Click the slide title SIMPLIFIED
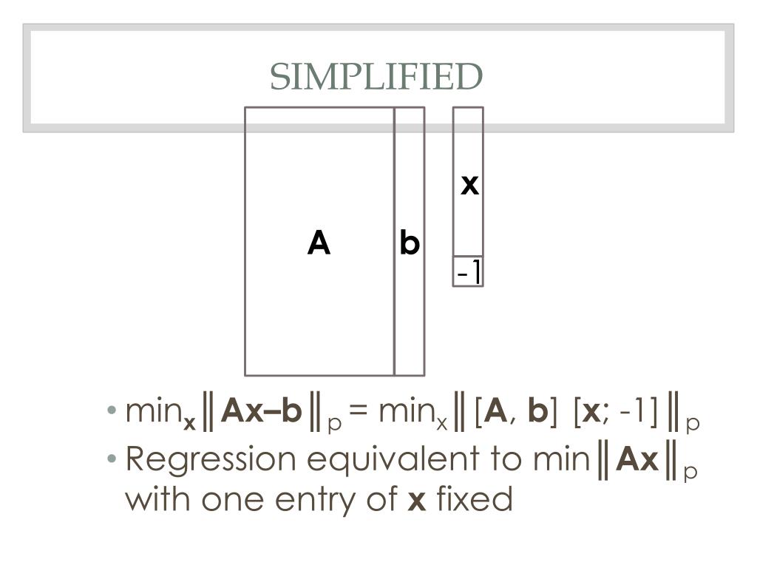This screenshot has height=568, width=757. [376, 77]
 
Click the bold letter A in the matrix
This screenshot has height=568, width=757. [319, 243]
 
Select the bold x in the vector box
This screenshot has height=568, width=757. [469, 184]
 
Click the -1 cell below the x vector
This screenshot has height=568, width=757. [468, 273]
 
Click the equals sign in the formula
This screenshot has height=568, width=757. [359, 412]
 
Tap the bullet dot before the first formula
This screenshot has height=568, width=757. [112, 411]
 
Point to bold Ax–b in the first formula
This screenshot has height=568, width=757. [262, 411]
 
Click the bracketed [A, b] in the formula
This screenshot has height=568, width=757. [515, 412]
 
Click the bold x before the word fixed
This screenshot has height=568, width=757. [417, 501]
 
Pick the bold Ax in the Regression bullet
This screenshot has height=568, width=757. [637, 460]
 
